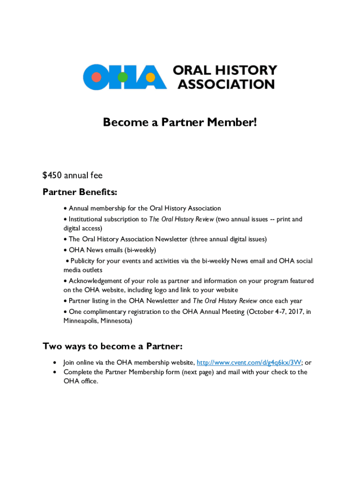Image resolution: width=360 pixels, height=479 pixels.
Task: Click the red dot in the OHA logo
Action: pos(96,77)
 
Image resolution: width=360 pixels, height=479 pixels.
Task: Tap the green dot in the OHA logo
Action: pos(123,77)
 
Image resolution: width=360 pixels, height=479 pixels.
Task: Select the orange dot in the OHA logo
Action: pos(151,77)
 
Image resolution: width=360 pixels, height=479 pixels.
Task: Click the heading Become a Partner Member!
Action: pos(180,123)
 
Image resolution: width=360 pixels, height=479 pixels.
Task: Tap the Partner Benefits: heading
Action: pos(80,192)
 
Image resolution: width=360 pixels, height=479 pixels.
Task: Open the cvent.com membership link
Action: pos(249,363)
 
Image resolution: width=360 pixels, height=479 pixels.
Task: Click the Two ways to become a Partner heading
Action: pos(112,346)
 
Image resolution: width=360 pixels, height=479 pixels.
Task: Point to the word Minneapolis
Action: pos(83,321)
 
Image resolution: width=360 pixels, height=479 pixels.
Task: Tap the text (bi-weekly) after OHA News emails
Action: pos(138,250)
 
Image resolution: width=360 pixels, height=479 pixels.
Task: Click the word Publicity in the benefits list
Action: pos(84,261)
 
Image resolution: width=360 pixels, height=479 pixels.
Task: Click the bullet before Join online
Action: pos(56,363)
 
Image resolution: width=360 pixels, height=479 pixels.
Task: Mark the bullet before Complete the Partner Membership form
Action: pos(56,372)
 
